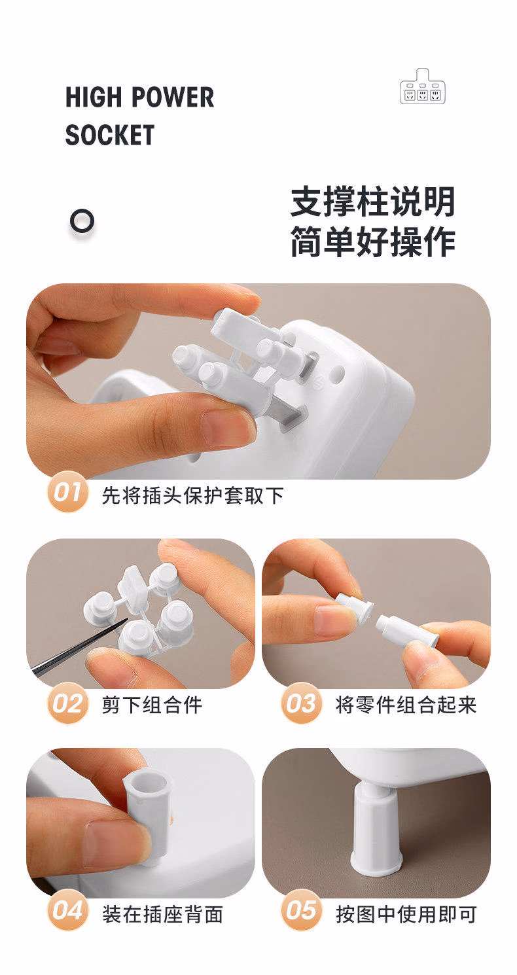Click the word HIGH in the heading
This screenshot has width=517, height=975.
click(93, 97)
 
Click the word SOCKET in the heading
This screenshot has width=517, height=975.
click(110, 135)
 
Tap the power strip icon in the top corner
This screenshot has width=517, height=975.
click(423, 86)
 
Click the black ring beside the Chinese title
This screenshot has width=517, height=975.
click(82, 221)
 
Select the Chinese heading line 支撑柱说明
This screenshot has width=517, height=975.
click(372, 202)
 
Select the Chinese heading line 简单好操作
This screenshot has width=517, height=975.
click(372, 241)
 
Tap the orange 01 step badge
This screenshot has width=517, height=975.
click(67, 492)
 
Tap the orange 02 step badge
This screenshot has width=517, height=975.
click(67, 704)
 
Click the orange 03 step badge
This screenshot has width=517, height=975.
click(301, 704)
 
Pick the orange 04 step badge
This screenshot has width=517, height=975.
click(67, 910)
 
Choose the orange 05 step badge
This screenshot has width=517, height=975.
click(301, 910)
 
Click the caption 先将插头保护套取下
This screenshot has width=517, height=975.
click(193, 495)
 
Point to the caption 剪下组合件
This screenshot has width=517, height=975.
click(152, 705)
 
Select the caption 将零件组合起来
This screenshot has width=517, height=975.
click(406, 705)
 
